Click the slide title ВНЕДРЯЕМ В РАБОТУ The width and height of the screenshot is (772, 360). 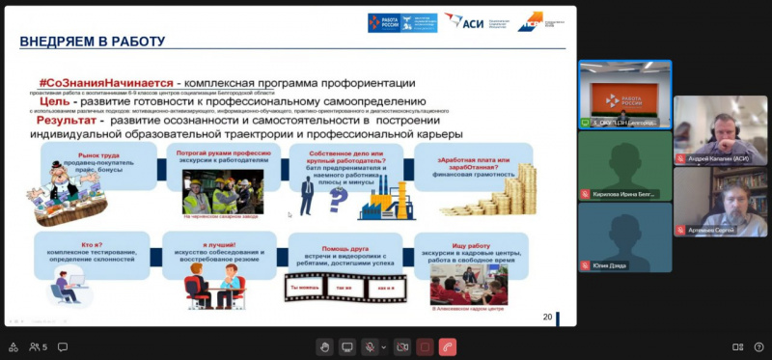(x=93, y=42)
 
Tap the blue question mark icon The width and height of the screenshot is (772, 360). (x=338, y=199)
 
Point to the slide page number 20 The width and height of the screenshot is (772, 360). (x=547, y=317)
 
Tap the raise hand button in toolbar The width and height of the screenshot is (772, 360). (x=325, y=346)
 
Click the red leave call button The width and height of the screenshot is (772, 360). (x=447, y=346)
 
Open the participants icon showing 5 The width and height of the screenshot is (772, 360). (x=38, y=346)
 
